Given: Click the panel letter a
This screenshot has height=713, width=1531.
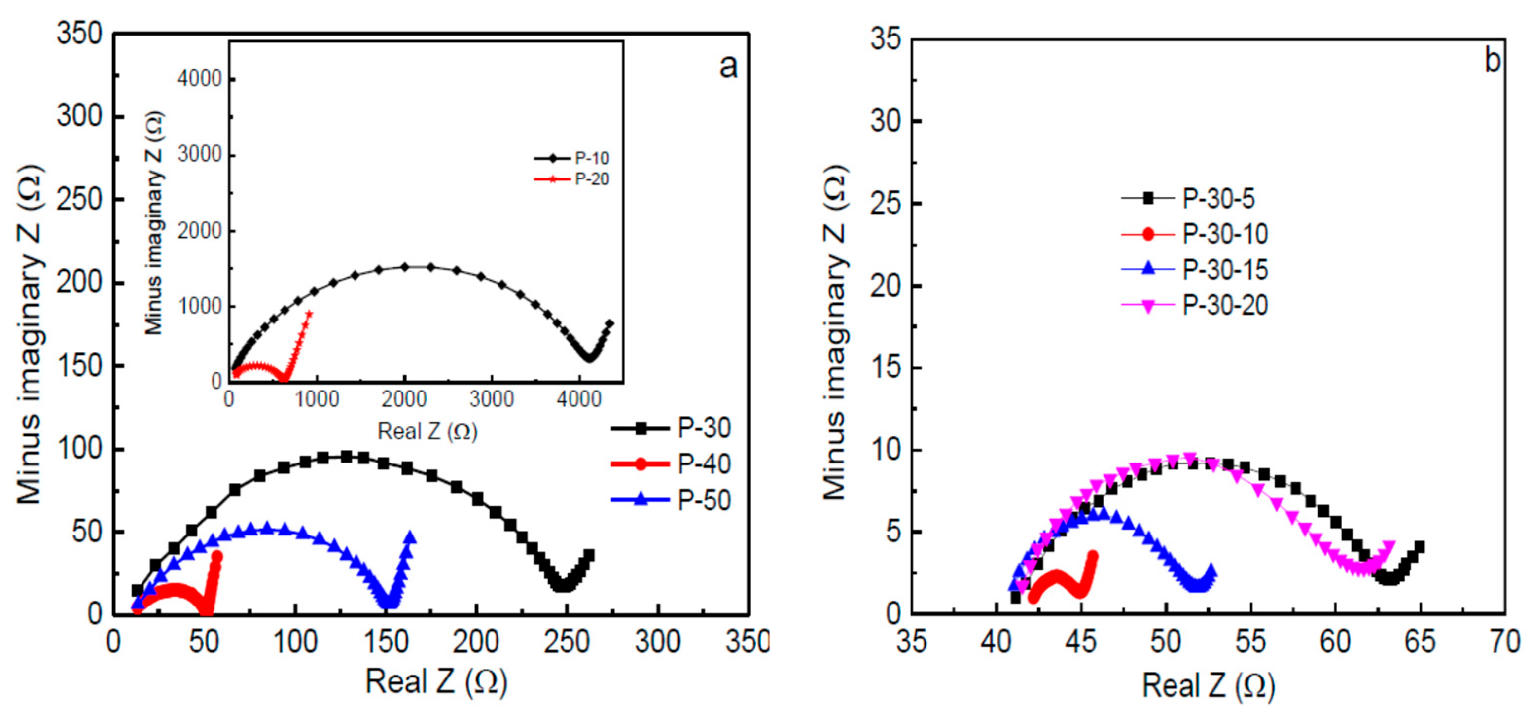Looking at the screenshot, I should (728, 67).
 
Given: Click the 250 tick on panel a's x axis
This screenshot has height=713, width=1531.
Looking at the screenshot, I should (567, 642).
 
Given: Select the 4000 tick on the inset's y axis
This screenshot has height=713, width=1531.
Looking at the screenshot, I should (200, 78).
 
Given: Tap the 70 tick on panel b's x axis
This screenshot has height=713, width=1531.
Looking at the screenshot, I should (1504, 642).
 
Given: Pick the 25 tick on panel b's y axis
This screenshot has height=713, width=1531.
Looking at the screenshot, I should (886, 203).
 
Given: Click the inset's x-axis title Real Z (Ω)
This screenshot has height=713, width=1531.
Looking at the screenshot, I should (427, 431).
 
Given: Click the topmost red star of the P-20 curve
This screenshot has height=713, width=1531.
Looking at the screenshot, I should (309, 313).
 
